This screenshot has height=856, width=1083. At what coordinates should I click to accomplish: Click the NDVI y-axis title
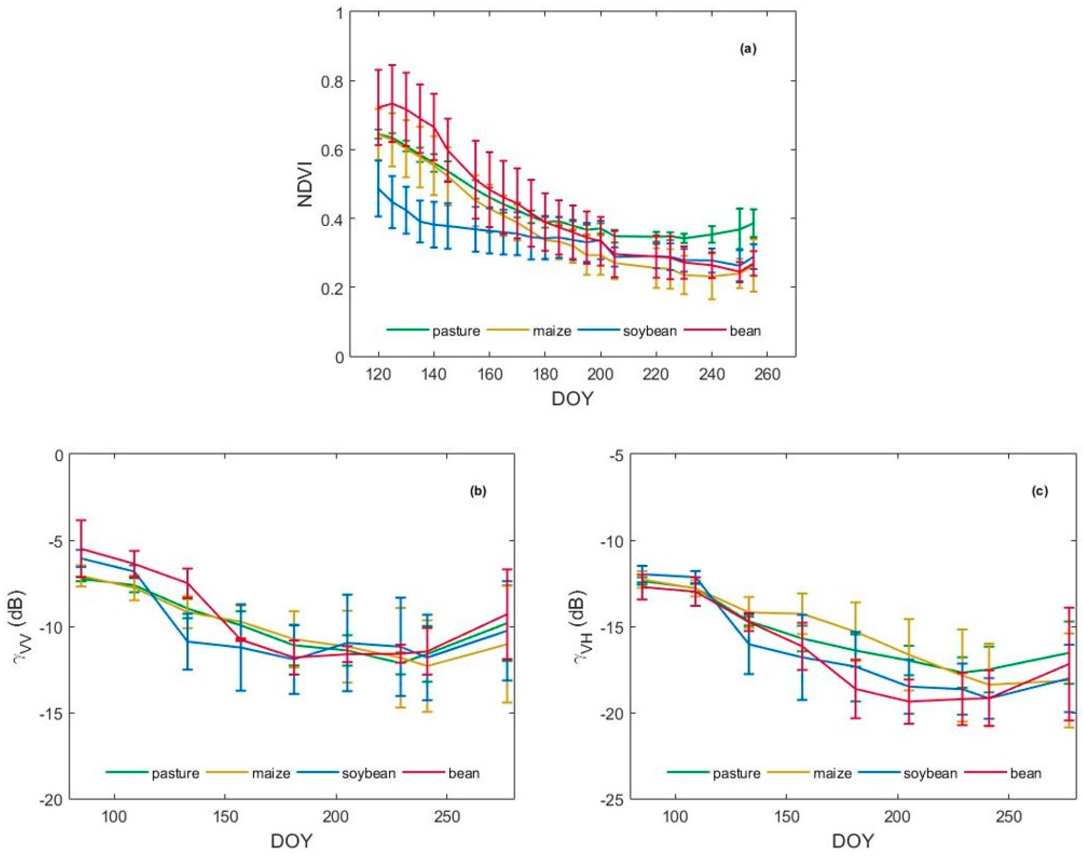(x=306, y=184)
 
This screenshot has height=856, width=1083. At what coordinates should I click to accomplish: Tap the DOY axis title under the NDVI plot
(x=572, y=399)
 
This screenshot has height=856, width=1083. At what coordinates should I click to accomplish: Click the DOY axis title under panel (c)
(x=853, y=841)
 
